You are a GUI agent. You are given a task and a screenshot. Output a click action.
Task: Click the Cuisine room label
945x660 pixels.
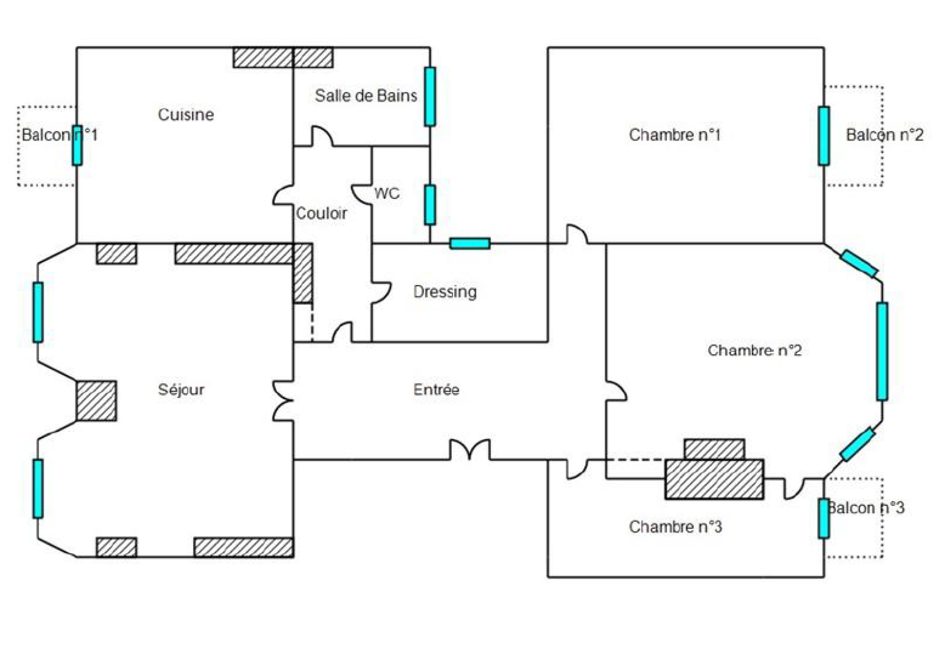185,115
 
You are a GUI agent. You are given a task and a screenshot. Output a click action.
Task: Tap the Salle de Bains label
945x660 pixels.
366,96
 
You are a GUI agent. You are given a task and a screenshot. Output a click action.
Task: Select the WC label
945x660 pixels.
387,194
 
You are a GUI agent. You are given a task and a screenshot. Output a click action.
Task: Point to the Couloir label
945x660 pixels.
321,213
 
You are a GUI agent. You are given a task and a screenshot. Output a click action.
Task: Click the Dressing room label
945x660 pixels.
445,292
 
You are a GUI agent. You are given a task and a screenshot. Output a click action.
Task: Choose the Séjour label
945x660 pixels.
181,390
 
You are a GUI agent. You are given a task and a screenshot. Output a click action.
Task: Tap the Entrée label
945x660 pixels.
436,390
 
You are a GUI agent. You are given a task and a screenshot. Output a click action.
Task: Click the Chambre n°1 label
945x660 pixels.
674,135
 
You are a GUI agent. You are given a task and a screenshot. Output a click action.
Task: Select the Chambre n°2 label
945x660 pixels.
754,351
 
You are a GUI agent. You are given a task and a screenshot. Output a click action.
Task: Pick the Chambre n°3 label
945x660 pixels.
675,527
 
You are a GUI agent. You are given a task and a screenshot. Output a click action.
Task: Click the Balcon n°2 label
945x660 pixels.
884,135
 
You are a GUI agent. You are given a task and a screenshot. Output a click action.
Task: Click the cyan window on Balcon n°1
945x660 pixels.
77,145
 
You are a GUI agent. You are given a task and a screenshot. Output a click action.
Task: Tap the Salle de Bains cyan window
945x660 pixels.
430,97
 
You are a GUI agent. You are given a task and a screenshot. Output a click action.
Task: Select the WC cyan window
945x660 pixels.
430,204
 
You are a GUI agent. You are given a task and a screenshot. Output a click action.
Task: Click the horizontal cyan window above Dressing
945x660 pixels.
470,243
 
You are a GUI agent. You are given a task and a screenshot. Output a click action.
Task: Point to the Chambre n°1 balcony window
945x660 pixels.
824,136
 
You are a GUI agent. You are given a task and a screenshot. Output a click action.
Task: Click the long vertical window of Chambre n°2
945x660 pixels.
882,351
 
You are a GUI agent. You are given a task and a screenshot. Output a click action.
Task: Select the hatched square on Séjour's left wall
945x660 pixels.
96,401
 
